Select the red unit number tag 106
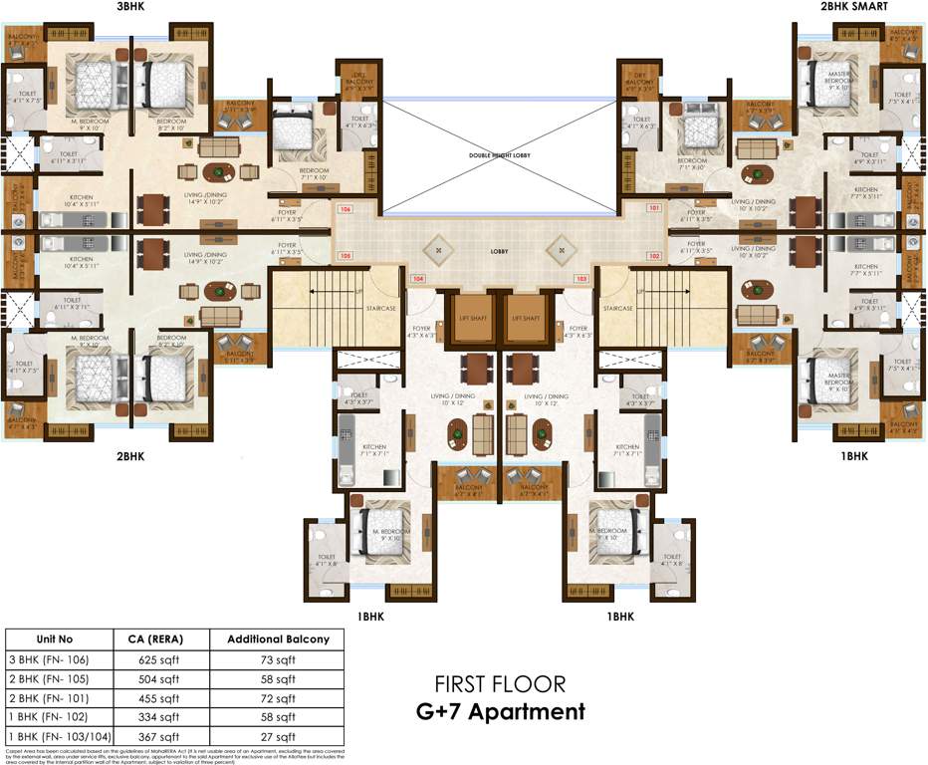pos(346,210)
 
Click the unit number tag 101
pos(654,209)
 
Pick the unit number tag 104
pos(418,279)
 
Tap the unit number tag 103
pos(581,279)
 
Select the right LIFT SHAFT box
pos(529,317)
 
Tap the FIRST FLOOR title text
pos(500,684)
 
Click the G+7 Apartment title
pos(500,711)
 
